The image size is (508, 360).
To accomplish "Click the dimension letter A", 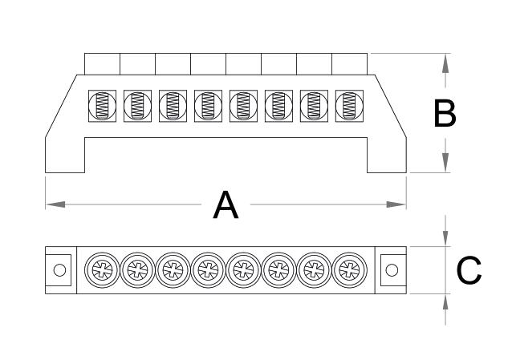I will (226, 205).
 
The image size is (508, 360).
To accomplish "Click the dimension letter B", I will (445, 114).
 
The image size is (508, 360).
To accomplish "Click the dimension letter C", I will (469, 270).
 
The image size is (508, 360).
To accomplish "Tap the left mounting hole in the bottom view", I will (59, 269).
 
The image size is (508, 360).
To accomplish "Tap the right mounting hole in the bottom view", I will (392, 269).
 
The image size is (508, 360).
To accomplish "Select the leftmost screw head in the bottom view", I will (101, 269).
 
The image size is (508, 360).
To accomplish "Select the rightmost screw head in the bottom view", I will (347, 269).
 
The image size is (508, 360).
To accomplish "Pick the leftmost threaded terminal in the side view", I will (102, 105).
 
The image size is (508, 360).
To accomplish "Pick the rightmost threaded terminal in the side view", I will (348, 105).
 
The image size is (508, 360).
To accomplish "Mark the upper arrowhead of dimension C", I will (445, 240).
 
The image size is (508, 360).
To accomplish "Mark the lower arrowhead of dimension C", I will (445, 300).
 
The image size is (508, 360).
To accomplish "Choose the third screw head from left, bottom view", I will (172, 269).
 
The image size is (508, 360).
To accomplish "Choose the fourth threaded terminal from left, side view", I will (207, 105).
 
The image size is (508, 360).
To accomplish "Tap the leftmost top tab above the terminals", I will (102, 64).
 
